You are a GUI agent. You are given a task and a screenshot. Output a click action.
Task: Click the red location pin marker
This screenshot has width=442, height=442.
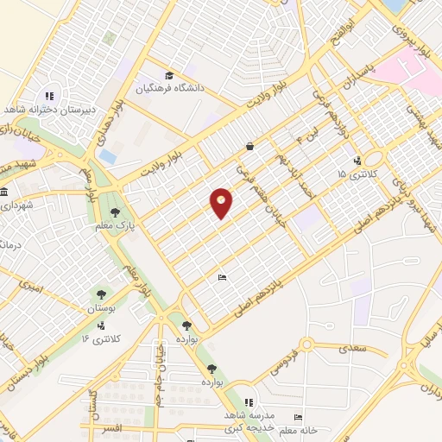[222, 202]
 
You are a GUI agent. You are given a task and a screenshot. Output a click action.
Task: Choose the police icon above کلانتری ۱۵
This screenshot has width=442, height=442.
[357, 160]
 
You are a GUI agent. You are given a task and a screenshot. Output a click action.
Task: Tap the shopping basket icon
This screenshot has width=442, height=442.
[249, 146]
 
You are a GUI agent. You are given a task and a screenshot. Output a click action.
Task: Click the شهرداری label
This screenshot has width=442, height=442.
[16, 205]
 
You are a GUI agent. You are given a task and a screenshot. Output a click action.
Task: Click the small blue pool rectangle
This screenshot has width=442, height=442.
[107, 157]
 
